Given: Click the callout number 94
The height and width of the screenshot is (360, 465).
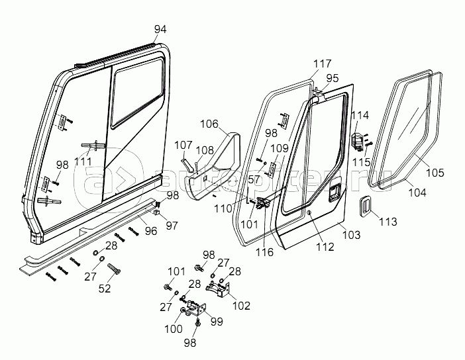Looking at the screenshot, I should coord(160,29).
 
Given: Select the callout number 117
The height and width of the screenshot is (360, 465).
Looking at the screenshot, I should coord(323,64).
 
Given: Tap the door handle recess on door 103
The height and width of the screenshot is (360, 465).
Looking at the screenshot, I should coord(333,193).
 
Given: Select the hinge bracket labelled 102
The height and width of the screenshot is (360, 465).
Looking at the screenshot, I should coord(220,288).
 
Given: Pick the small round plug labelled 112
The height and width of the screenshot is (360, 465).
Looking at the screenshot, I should coord(309,212).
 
